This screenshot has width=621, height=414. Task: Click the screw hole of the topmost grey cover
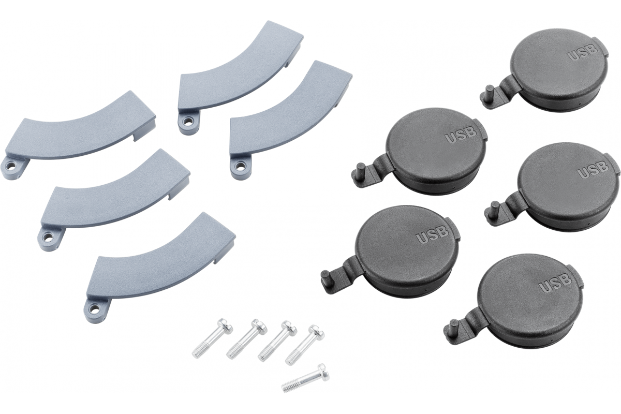point(188,122)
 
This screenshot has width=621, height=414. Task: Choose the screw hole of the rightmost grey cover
point(239,167)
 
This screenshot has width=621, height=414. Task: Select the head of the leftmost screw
point(224,327)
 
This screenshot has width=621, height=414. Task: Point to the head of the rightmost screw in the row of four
point(317,332)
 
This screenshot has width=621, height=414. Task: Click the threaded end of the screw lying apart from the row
point(288,387)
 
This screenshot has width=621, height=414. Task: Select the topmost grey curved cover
point(241,78)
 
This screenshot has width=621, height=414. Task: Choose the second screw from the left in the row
point(247,339)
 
